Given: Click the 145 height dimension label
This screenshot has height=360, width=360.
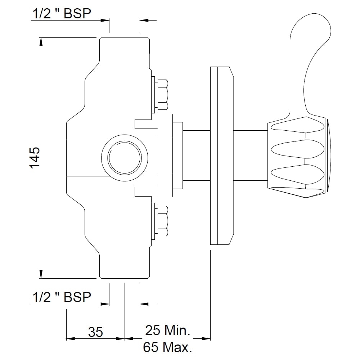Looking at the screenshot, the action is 35,158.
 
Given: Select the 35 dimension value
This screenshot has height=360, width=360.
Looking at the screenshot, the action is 96,332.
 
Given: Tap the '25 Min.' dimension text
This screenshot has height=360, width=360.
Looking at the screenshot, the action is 168,330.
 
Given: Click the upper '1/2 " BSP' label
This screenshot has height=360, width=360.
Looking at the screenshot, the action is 62,14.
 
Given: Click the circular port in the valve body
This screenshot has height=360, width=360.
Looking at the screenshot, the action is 125,158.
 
